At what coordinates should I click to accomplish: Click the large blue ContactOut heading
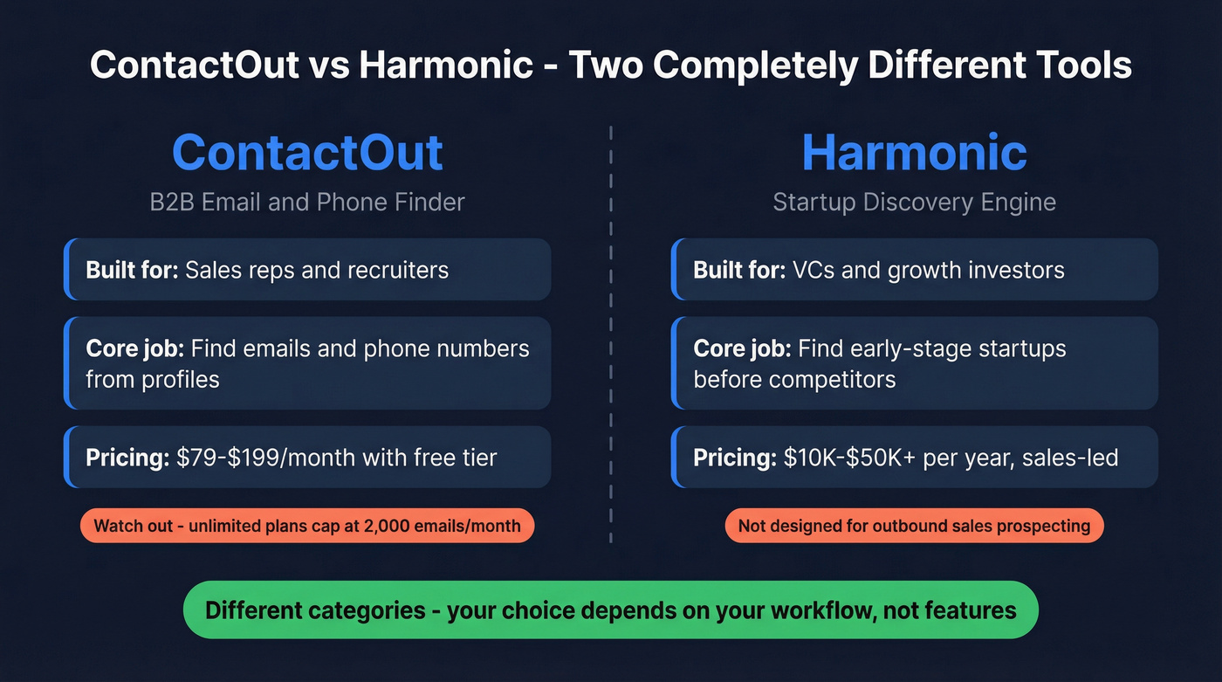point(307,152)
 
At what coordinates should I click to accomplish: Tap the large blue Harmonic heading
point(914,152)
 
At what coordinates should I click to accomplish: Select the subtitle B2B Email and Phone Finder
point(307,203)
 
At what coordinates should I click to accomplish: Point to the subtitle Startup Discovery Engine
point(914,203)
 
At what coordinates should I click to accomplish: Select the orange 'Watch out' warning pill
point(307,526)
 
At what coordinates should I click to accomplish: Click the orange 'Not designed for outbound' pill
point(914,526)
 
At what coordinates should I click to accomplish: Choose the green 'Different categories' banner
point(610,610)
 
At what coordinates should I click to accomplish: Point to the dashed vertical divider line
point(611,332)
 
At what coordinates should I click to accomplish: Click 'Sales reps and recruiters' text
point(317,270)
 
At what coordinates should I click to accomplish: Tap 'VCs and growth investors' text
point(928,270)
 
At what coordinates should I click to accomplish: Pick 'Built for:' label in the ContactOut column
point(133,270)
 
